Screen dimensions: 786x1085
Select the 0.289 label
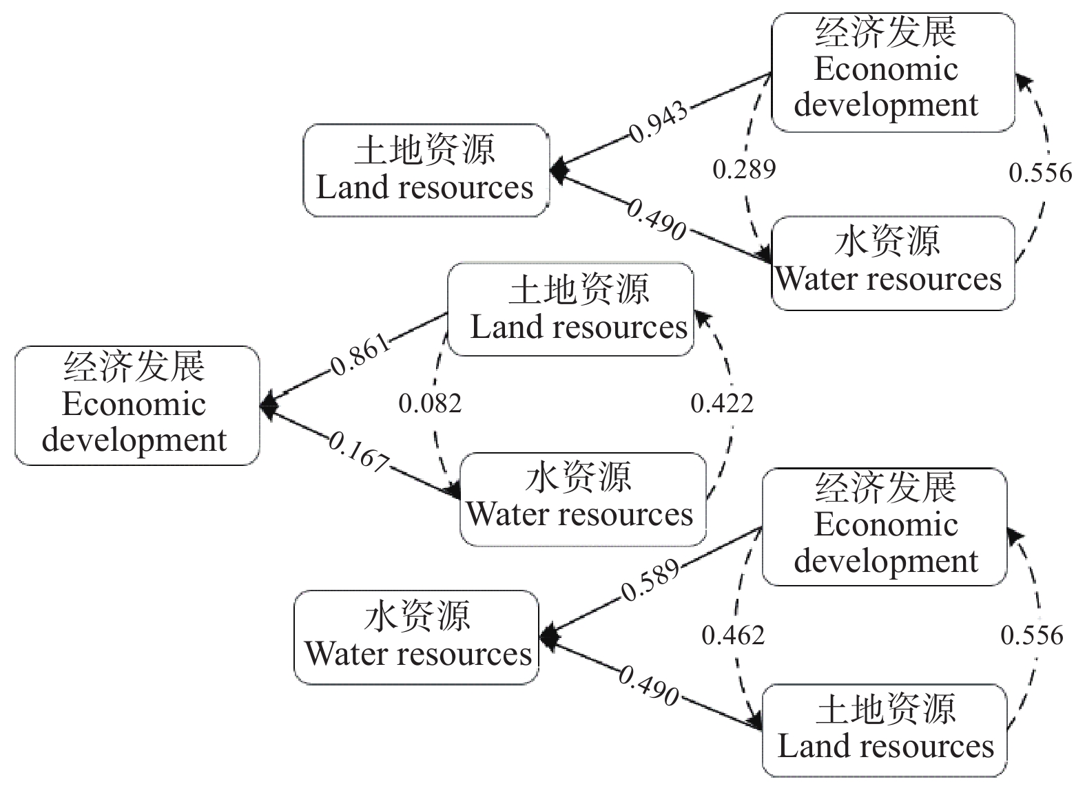pyautogui.click(x=744, y=169)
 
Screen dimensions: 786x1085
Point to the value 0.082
pyautogui.click(x=430, y=403)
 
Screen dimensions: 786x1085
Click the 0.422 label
pyautogui.click(x=722, y=403)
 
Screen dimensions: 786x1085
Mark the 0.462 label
pyautogui.click(x=733, y=635)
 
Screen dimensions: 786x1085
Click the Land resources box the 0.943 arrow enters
pyautogui.click(x=426, y=170)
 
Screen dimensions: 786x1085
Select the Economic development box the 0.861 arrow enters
pyautogui.click(x=137, y=405)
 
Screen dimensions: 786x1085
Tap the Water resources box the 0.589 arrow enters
pyautogui.click(x=417, y=637)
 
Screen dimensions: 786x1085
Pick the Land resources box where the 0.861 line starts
pyautogui.click(x=570, y=309)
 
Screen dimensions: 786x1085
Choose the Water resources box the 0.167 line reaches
pyautogui.click(x=583, y=499)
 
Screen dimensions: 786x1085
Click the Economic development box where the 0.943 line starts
pyautogui.click(x=893, y=72)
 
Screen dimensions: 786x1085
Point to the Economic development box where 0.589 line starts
pyautogui.click(x=885, y=527)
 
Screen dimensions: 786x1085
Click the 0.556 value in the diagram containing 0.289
pyautogui.click(x=1040, y=172)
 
